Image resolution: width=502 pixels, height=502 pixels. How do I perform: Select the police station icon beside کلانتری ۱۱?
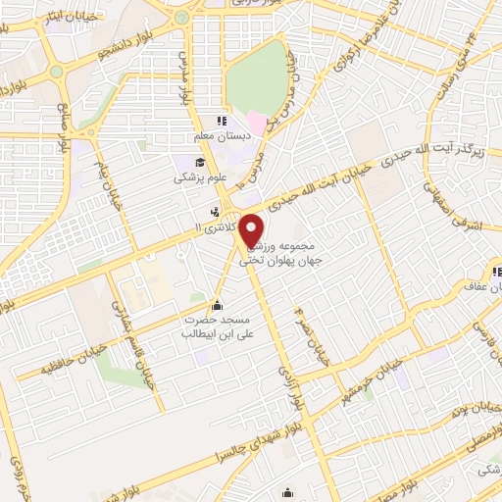pos(216,210)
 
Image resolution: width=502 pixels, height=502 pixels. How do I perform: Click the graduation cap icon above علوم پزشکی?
pos(200,163)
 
